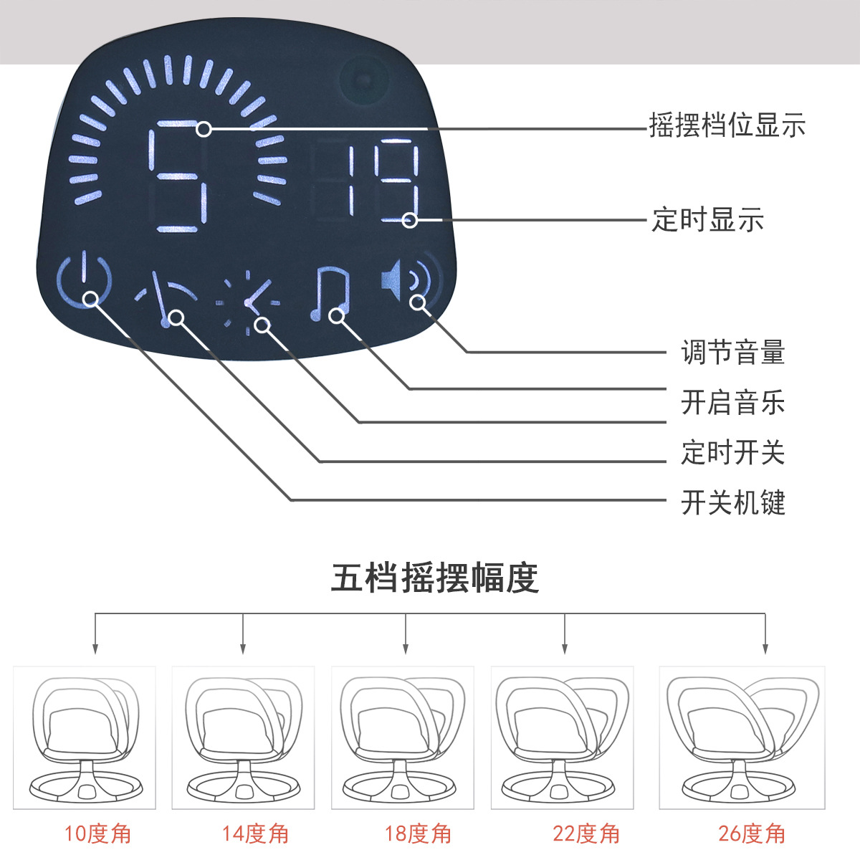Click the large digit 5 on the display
click(x=178, y=176)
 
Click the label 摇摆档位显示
click(x=727, y=125)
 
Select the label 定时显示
click(x=708, y=219)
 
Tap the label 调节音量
click(x=733, y=352)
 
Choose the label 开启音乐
click(x=733, y=402)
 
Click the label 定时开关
click(x=733, y=452)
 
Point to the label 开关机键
click(x=733, y=502)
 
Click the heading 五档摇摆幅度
click(x=435, y=578)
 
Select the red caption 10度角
click(x=97, y=833)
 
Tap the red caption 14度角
click(x=255, y=833)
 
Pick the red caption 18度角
click(x=418, y=833)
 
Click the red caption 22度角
click(x=586, y=833)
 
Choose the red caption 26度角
click(x=752, y=833)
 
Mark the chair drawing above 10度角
click(x=85, y=739)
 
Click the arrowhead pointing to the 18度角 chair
click(x=405, y=649)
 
